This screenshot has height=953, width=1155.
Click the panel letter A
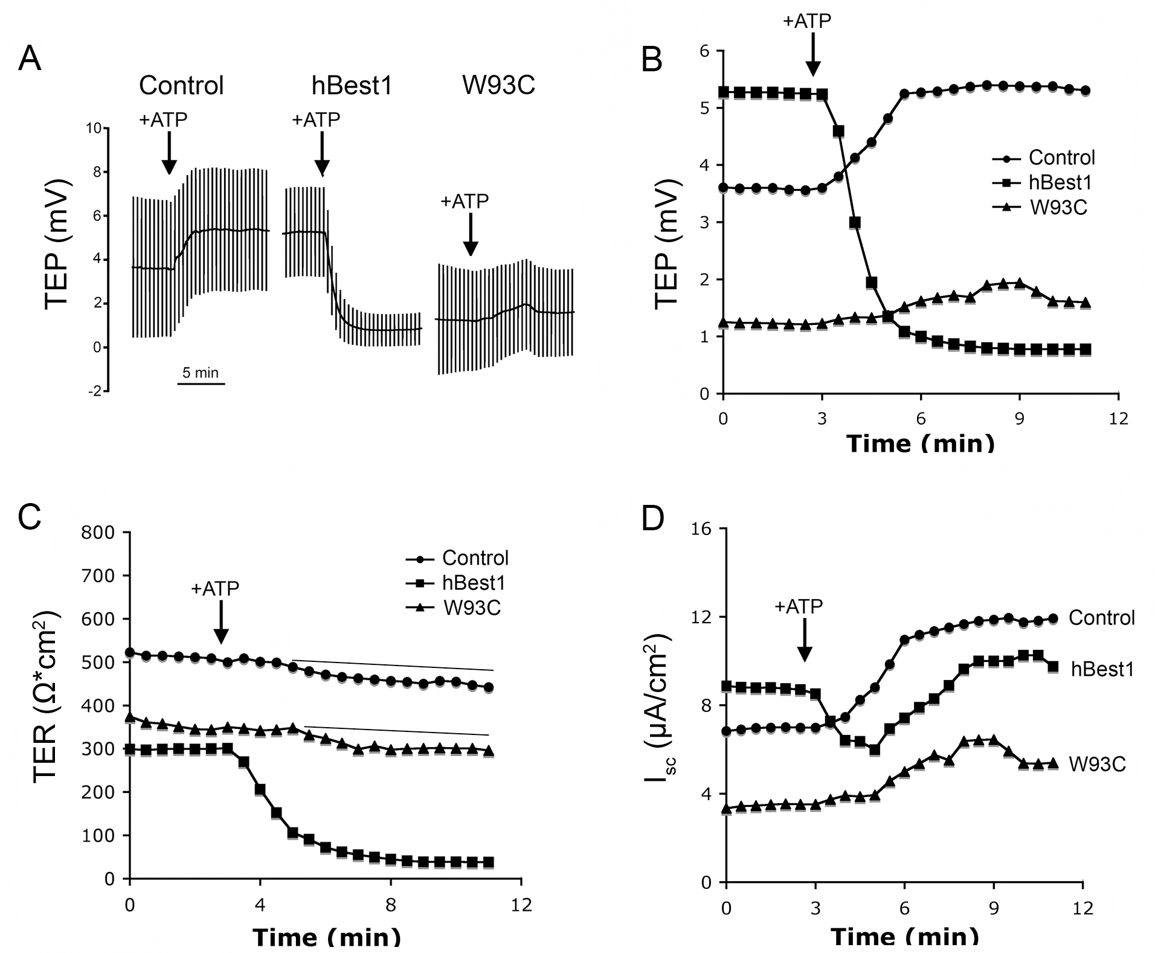pyautogui.click(x=30, y=59)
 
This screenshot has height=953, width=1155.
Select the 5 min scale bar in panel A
pyautogui.click(x=201, y=383)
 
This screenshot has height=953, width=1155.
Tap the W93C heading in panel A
pyautogui.click(x=498, y=85)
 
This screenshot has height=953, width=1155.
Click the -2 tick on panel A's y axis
pyautogui.click(x=95, y=391)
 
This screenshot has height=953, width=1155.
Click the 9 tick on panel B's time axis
pyautogui.click(x=1020, y=419)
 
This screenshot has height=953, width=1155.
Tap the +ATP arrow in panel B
pyautogui.click(x=813, y=54)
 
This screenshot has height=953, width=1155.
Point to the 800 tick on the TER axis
pyautogui.click(x=101, y=533)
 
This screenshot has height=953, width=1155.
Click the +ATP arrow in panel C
pyautogui.click(x=221, y=622)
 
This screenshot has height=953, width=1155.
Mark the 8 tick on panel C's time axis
pyautogui.click(x=391, y=904)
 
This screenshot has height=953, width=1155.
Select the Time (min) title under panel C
pyautogui.click(x=326, y=937)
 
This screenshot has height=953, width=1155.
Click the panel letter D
pyautogui.click(x=652, y=518)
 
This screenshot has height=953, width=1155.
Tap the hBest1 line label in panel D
pyautogui.click(x=1102, y=669)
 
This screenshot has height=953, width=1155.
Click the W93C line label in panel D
pyautogui.click(x=1097, y=764)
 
